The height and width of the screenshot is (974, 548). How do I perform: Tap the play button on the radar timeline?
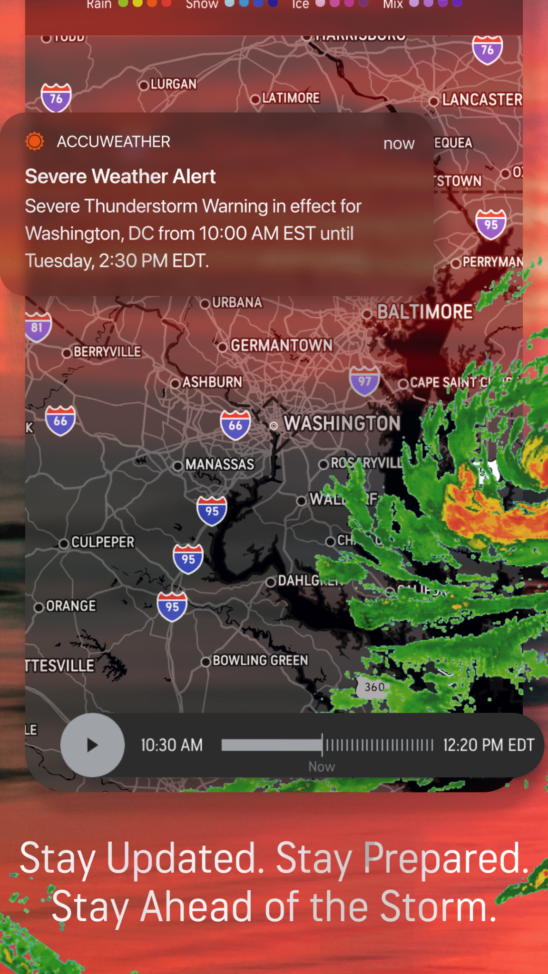click(x=92, y=745)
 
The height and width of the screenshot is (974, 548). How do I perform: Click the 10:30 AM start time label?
click(x=172, y=745)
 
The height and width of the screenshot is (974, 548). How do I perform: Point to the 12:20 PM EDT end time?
click(x=489, y=745)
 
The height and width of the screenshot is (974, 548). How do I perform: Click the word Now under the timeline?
click(x=322, y=767)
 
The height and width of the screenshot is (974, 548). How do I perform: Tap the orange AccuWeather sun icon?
click(x=35, y=141)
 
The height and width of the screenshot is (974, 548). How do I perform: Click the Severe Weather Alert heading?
click(x=120, y=176)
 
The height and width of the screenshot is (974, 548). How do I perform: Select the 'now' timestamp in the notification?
click(x=399, y=144)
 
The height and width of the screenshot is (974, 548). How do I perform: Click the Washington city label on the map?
click(x=342, y=423)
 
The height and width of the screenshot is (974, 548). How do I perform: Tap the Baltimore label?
click(x=424, y=312)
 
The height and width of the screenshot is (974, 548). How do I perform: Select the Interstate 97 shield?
click(x=364, y=381)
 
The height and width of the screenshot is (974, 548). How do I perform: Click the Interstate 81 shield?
click(x=38, y=327)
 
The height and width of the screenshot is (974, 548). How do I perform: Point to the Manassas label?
click(x=219, y=464)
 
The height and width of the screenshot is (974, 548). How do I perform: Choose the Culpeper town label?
click(x=102, y=542)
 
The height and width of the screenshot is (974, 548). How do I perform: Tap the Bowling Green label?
click(x=260, y=660)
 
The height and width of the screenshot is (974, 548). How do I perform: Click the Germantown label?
click(x=281, y=345)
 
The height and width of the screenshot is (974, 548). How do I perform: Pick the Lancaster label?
click(x=481, y=100)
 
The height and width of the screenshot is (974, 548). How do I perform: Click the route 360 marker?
click(x=374, y=687)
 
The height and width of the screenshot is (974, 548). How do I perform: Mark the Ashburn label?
click(x=212, y=382)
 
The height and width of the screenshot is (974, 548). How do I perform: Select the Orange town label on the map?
click(x=70, y=606)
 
